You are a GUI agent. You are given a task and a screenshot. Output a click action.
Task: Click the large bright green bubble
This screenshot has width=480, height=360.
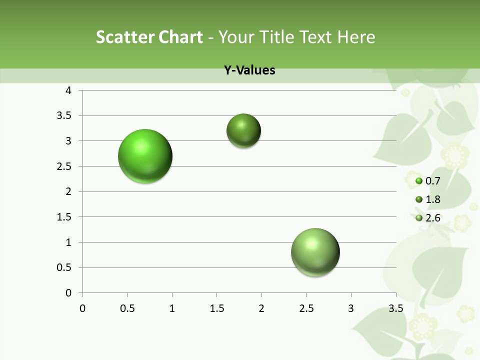(x=145, y=156)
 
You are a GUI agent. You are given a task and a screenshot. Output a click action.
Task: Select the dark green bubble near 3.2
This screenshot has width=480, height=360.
(x=243, y=131)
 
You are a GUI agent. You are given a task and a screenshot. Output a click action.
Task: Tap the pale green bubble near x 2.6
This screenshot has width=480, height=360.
(x=315, y=252)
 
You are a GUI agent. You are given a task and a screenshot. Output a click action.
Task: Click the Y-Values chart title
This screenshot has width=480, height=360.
(x=249, y=70)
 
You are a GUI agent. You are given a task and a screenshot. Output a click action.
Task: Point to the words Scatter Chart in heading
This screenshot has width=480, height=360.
(x=149, y=37)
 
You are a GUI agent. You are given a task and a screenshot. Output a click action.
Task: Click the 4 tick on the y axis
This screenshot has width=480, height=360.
(x=68, y=90)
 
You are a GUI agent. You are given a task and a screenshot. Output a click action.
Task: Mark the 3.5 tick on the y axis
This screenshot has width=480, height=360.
(x=65, y=115)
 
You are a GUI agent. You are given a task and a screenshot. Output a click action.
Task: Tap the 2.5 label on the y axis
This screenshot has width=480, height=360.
(x=65, y=166)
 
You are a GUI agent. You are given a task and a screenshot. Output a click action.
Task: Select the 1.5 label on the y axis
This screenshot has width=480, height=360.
(x=65, y=217)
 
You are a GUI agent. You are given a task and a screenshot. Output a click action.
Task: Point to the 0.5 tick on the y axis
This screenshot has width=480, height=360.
(x=65, y=267)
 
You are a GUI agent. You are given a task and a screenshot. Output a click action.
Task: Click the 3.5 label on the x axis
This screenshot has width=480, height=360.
(x=395, y=308)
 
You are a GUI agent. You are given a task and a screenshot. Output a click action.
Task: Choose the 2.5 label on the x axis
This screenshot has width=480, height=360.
(x=306, y=308)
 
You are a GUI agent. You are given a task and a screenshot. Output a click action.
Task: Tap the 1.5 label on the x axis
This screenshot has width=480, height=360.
(x=216, y=308)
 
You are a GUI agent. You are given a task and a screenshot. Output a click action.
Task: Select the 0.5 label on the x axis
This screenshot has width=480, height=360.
(x=127, y=308)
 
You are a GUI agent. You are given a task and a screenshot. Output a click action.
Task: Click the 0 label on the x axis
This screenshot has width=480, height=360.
(x=82, y=308)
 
